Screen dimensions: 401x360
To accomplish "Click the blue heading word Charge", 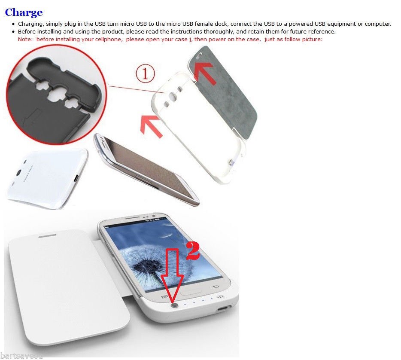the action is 24,12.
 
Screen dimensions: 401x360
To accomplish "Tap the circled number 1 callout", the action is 145,74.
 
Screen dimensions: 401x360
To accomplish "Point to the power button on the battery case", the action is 175,305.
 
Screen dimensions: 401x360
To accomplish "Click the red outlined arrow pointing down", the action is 172,275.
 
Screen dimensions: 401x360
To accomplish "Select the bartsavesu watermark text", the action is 21,355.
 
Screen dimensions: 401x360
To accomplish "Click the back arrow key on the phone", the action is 216,287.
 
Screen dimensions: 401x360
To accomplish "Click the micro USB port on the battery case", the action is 223,309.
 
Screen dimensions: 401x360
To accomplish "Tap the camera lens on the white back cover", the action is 18,173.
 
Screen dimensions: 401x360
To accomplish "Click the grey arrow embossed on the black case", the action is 32,117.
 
